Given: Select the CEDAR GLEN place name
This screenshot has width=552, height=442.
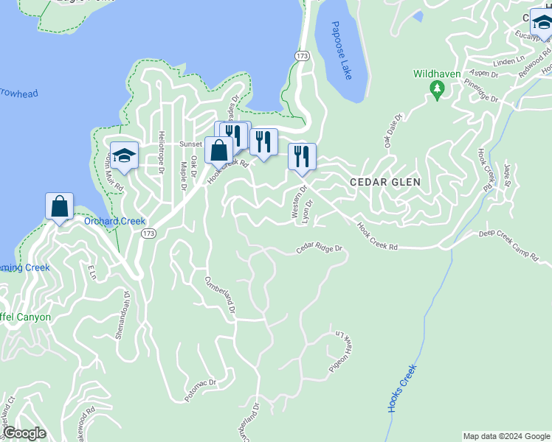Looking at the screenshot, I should tap(385, 182).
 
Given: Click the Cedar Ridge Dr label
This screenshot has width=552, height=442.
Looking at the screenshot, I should tap(321, 250).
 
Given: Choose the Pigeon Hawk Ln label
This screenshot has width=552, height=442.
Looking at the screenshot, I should tap(336, 351).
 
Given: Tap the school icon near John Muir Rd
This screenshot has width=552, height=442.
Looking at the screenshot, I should tap(125, 155).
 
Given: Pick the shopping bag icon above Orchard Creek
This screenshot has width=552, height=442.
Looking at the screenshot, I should tap(59, 206).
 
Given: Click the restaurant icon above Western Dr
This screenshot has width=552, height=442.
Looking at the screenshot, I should tap(302, 156).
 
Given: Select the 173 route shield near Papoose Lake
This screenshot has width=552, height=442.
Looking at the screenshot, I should tap(301, 55).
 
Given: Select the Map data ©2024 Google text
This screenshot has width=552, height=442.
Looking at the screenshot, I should tap(506, 436).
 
